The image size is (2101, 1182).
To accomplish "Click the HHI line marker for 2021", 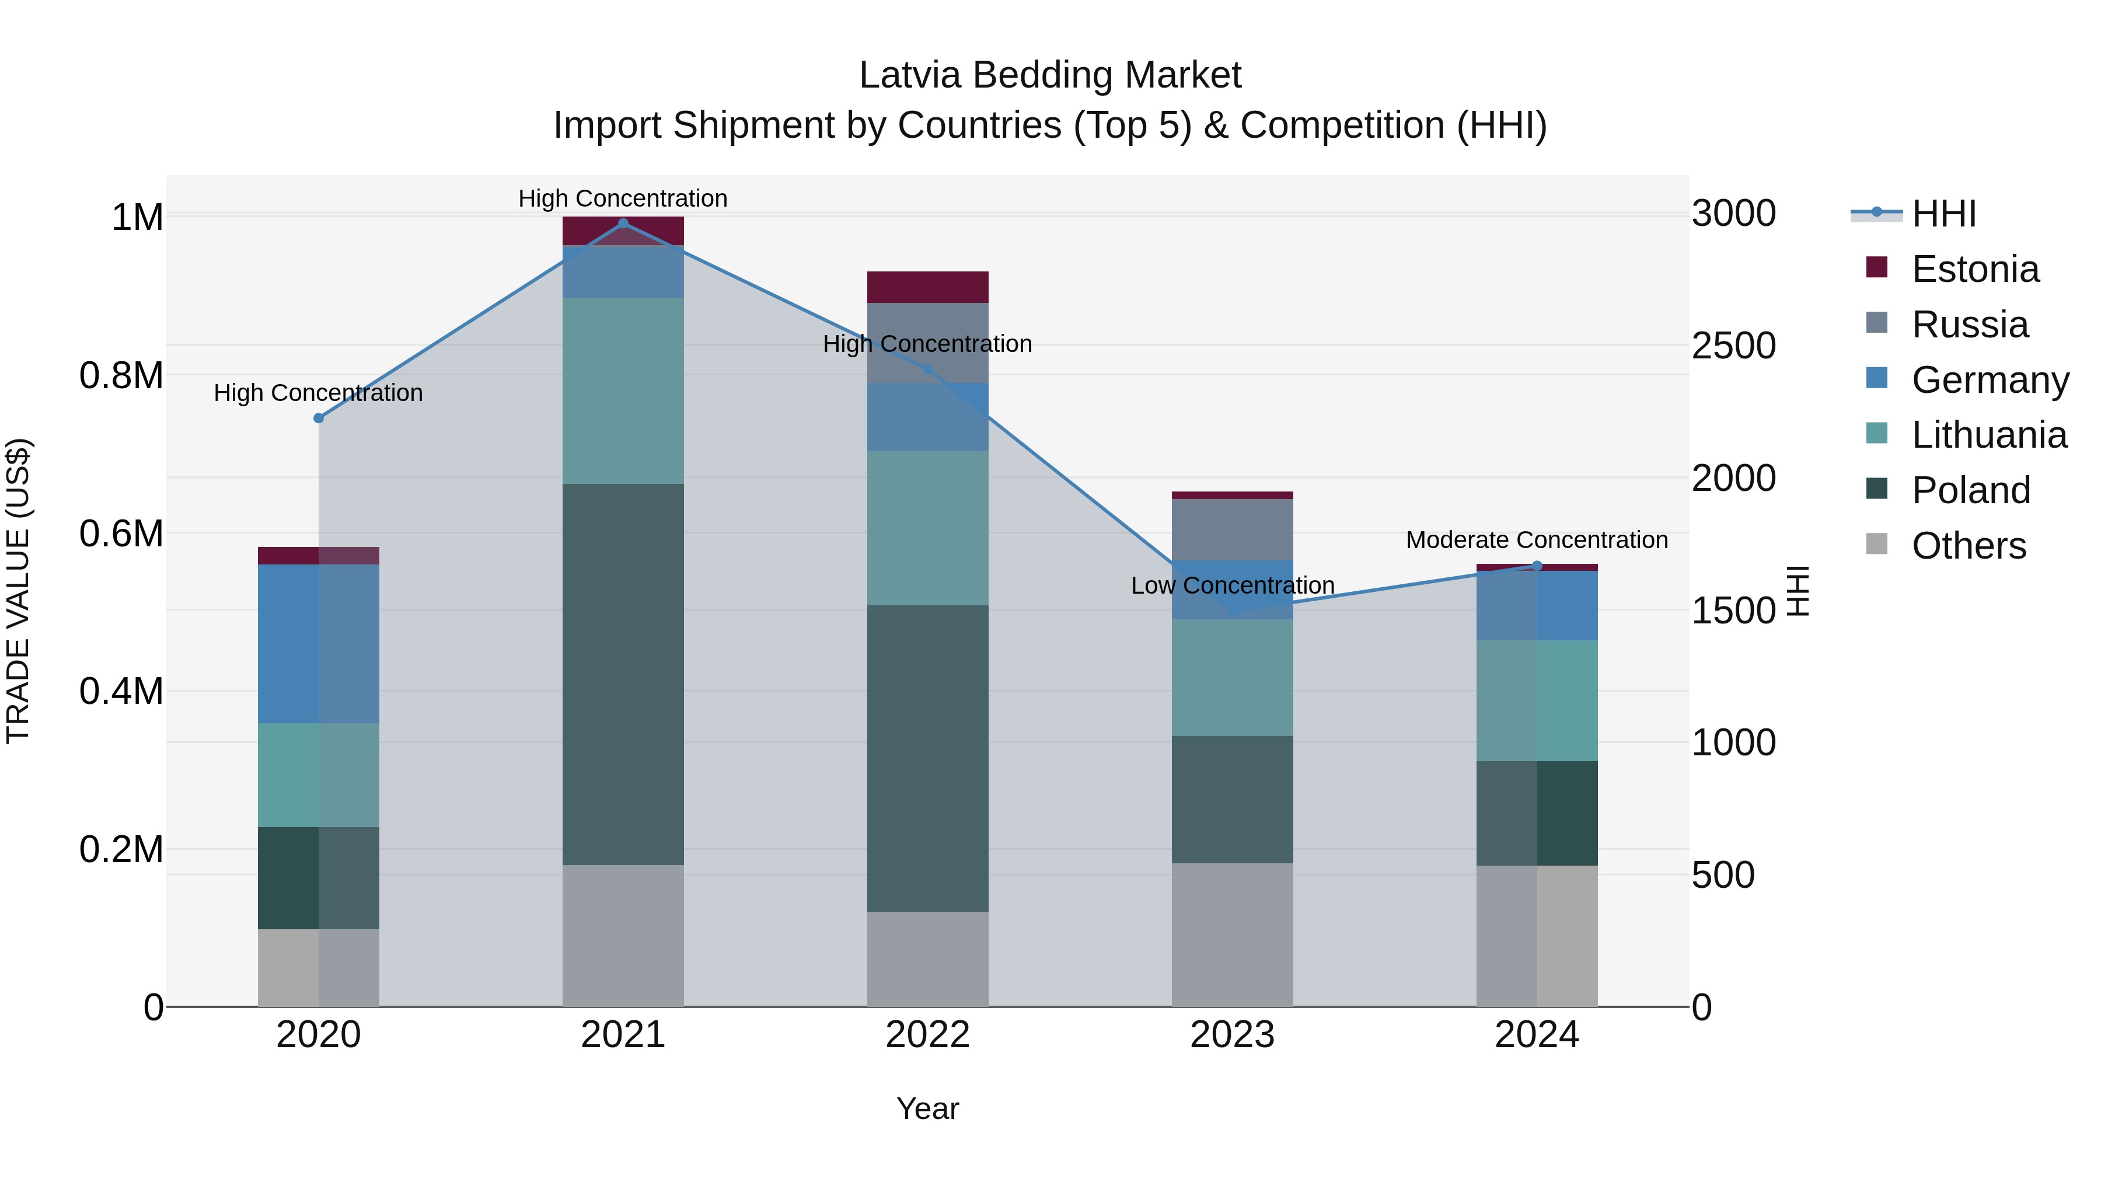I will pos(623,224).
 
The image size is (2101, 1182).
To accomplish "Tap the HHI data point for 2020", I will pos(319,418).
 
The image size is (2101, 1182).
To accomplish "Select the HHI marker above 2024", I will pos(1537,565).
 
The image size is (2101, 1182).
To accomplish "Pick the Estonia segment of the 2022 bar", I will pos(927,287).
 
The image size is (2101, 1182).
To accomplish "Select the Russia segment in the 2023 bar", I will pos(1233,529).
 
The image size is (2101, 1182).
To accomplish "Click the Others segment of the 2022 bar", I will pos(927,958).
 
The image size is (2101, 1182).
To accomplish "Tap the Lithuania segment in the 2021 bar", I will pos(623,390).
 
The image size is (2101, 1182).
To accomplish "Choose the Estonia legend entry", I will pos(1974,269).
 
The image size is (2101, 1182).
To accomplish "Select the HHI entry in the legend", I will pos(1943,214).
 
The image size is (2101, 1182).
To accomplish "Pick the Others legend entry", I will pos(1968,546).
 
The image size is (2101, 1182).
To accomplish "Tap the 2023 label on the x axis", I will pos(1233,1034).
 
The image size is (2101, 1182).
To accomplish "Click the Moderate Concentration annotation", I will pos(1537,540).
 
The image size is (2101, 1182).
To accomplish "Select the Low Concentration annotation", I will pos(1233,585).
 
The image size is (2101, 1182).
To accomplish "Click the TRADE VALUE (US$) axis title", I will pos(18,591).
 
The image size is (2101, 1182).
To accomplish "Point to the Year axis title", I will pos(927,1108).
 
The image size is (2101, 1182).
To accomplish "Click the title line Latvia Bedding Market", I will pos(1050,75).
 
